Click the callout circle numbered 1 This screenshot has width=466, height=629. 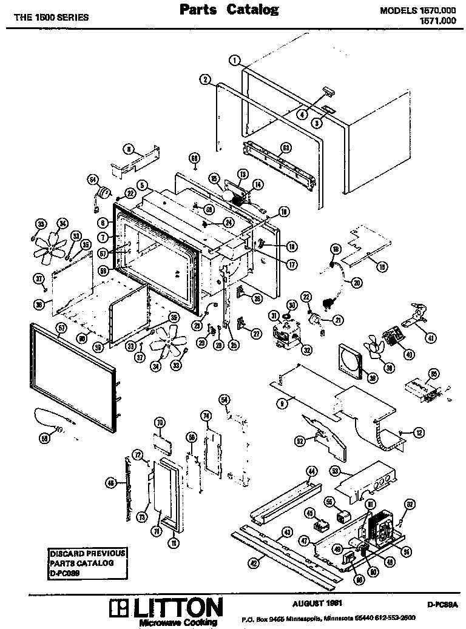point(235,60)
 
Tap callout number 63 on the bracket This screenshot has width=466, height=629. point(286,147)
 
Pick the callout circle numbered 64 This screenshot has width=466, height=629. point(93,179)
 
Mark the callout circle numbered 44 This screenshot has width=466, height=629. point(311,471)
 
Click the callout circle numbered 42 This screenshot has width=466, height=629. point(253,562)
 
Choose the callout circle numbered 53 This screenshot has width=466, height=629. point(335,471)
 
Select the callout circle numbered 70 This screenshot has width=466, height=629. point(160,422)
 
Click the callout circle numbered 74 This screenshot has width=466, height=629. point(206,415)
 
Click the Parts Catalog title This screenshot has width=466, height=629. point(229,10)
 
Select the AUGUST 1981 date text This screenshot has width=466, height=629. point(314,603)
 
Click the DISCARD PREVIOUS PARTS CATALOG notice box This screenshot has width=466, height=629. point(88,562)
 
